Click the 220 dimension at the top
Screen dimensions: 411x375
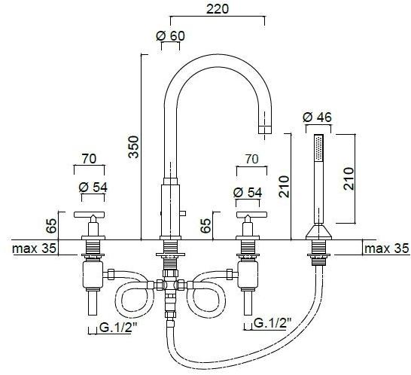(218, 9)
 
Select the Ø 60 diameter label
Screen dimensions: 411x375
(170, 36)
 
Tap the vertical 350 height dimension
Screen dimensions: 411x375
(133, 147)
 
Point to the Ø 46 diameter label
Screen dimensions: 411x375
(317, 117)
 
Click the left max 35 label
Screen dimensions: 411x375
(34, 248)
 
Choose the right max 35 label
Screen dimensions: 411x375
(387, 248)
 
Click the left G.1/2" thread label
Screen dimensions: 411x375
(118, 328)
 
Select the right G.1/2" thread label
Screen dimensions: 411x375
(272, 323)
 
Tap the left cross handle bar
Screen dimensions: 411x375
(90, 215)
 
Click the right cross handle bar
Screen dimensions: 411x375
(251, 215)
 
